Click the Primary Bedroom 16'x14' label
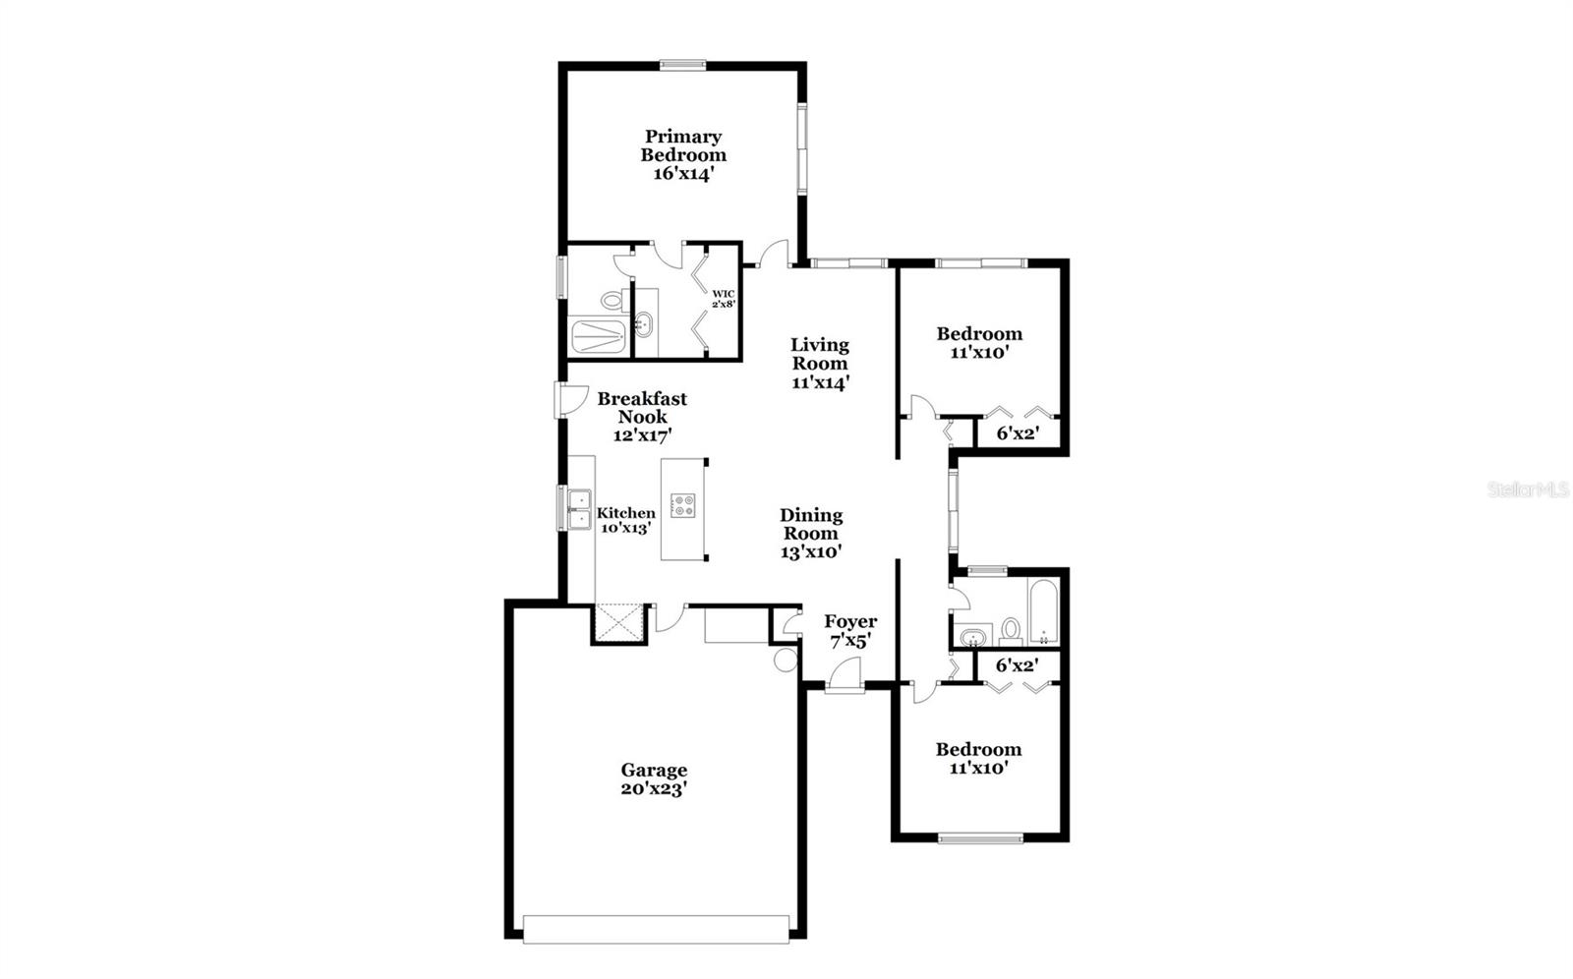coord(683,154)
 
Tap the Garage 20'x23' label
coord(654,778)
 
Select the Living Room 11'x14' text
coord(820,363)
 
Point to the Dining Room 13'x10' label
coord(811,533)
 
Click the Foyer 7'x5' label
coord(850,630)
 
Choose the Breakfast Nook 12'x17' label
coord(642,416)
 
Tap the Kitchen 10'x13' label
coord(626,519)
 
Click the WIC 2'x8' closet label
coord(725,299)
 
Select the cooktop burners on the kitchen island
coord(682,506)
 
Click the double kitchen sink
coord(579,507)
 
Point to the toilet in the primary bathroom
coord(612,299)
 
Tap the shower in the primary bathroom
coord(599,335)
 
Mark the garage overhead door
coord(656,929)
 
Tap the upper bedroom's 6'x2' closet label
coord(1018,432)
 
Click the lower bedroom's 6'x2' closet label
coord(1018,665)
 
